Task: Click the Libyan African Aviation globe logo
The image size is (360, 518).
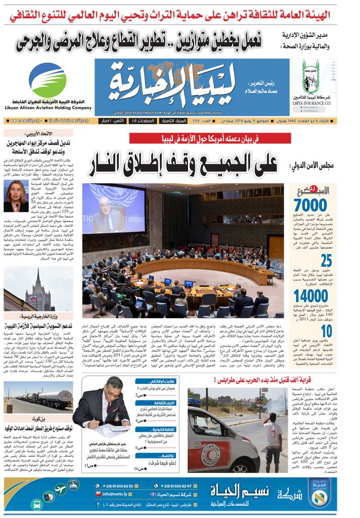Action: (47, 80)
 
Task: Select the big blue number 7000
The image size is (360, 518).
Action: (310, 205)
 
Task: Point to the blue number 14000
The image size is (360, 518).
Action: (310, 296)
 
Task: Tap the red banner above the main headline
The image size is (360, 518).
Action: (203, 139)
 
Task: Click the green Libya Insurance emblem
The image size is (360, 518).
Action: (310, 76)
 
